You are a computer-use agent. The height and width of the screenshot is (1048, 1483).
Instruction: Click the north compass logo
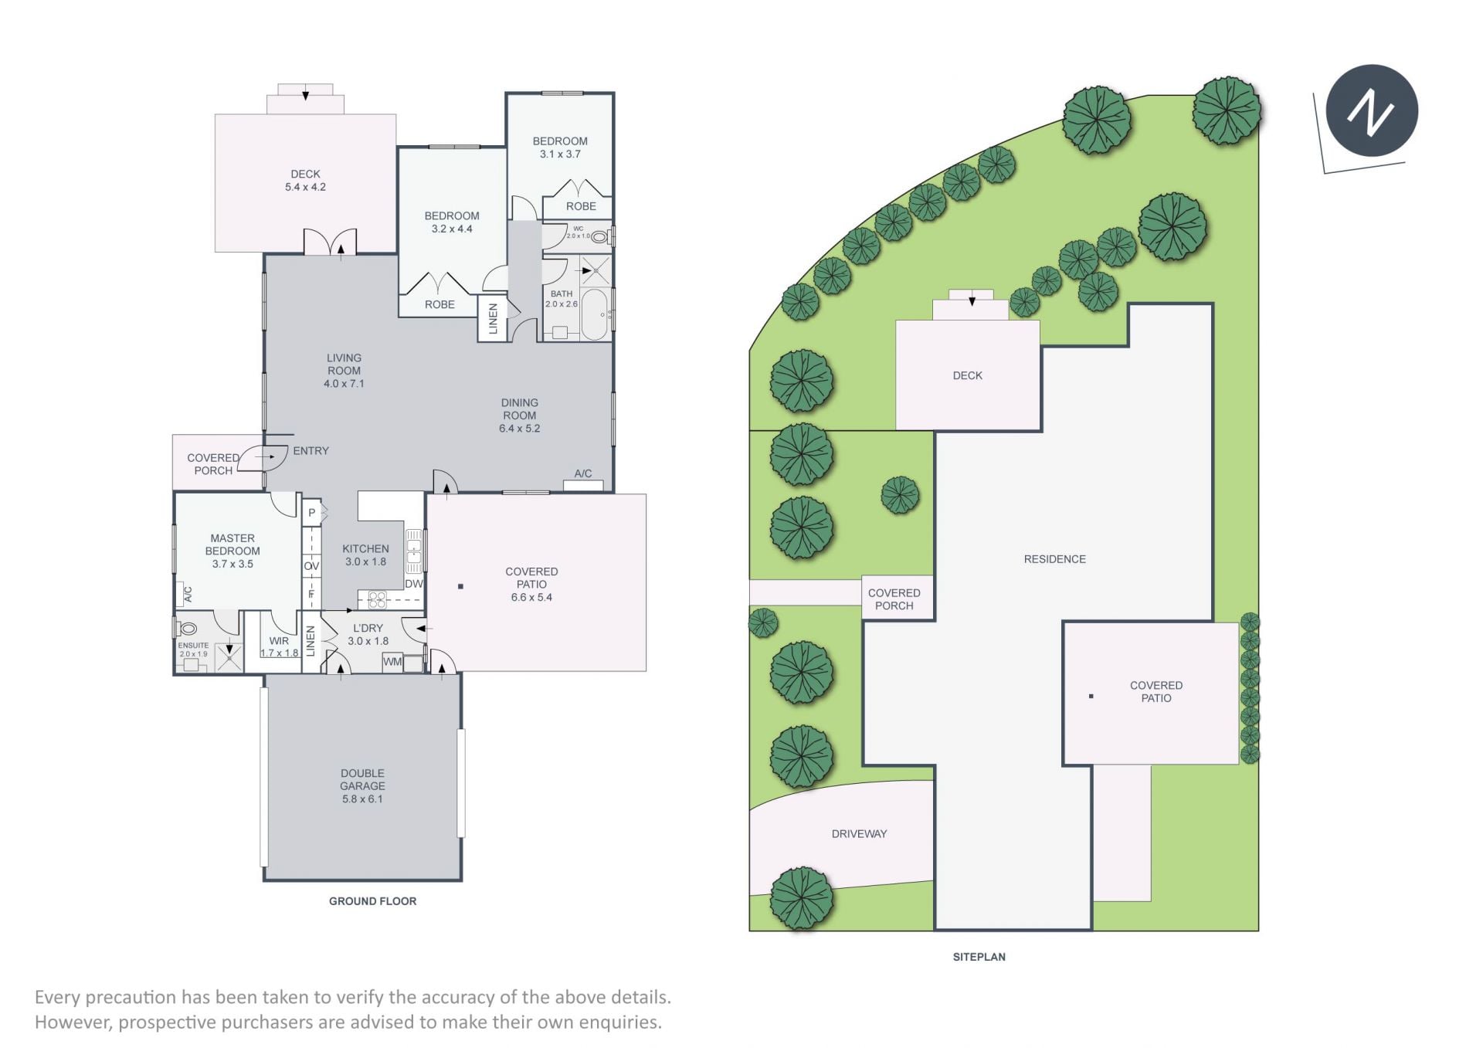(1372, 110)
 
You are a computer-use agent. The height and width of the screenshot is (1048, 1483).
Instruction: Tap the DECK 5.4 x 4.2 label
(305, 181)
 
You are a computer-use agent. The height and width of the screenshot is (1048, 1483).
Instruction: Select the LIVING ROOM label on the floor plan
(344, 364)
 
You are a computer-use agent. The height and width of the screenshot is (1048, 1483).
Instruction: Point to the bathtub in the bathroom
(595, 314)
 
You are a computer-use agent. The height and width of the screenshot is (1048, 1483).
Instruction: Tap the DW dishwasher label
(414, 584)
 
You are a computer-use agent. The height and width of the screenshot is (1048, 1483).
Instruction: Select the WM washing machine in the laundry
(393, 662)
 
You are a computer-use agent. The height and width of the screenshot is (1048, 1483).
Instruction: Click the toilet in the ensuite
(187, 629)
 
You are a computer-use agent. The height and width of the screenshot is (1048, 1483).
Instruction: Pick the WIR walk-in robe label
(279, 641)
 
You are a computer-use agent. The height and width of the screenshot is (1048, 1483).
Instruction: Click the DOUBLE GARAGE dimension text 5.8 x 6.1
(362, 799)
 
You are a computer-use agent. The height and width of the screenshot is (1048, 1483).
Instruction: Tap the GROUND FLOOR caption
(372, 901)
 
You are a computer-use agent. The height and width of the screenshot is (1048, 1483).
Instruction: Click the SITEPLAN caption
(979, 957)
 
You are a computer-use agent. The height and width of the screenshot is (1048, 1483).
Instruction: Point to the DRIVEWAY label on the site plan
(859, 834)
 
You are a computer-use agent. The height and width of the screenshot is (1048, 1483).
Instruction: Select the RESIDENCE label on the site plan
(1054, 559)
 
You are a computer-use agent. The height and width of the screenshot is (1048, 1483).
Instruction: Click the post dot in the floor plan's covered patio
(460, 586)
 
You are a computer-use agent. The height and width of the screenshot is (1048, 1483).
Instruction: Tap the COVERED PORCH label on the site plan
(894, 599)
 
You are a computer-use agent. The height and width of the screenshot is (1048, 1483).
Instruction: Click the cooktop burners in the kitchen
(376, 599)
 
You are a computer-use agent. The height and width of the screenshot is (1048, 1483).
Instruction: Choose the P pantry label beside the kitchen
(312, 512)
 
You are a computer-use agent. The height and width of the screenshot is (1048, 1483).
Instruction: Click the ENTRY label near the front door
(311, 450)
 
